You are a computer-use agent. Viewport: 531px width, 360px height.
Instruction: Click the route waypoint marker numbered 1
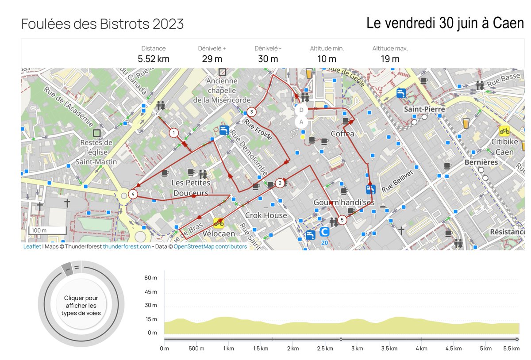click(x=174, y=133)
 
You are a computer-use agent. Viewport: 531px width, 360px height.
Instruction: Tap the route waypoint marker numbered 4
click(x=133, y=194)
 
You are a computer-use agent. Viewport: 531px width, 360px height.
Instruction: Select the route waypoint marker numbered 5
click(x=342, y=219)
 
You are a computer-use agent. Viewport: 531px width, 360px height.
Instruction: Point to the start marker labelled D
click(x=301, y=110)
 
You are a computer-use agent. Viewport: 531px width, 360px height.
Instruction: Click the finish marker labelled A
click(x=301, y=122)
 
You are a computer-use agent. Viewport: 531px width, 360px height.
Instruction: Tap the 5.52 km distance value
click(x=154, y=59)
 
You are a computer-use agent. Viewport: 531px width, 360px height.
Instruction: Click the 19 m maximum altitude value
click(x=390, y=59)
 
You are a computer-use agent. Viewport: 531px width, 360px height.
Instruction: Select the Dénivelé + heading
click(x=212, y=49)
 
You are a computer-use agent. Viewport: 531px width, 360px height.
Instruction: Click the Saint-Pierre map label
click(x=424, y=109)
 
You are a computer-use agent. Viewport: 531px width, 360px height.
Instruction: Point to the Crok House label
click(x=266, y=215)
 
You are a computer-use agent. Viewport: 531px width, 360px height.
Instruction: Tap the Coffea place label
click(x=342, y=134)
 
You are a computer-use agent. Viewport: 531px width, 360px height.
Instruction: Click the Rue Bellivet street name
click(x=400, y=180)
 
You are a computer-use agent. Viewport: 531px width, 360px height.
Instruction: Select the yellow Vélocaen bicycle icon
click(x=219, y=222)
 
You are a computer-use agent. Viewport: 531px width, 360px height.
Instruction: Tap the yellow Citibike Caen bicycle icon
click(x=504, y=130)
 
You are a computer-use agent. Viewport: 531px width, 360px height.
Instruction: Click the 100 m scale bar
click(x=48, y=230)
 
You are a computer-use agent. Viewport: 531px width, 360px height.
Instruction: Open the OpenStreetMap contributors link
click(x=210, y=247)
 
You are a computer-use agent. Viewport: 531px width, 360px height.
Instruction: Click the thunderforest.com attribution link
click(x=127, y=247)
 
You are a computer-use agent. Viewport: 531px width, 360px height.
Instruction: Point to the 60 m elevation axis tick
click(x=150, y=278)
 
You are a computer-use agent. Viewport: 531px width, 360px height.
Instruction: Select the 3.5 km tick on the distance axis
click(x=389, y=349)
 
